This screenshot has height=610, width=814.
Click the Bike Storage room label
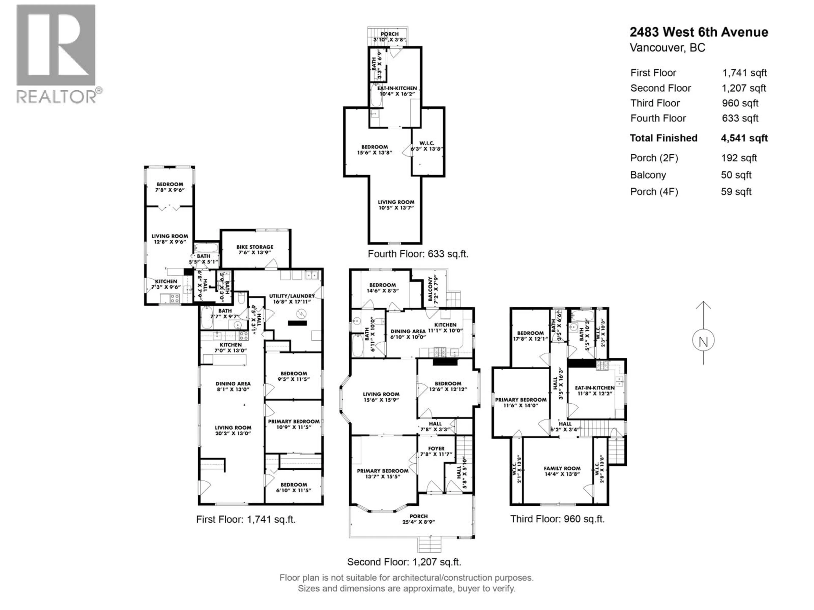(x=255, y=247)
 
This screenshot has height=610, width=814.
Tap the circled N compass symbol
(x=703, y=342)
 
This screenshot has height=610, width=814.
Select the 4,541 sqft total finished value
(x=744, y=138)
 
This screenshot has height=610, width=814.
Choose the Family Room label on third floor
(x=562, y=469)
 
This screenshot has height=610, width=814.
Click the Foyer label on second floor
(x=436, y=449)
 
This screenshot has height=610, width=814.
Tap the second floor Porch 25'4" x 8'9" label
(x=418, y=516)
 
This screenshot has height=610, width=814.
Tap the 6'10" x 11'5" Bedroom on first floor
(x=293, y=485)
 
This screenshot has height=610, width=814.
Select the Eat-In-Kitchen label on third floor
(x=595, y=388)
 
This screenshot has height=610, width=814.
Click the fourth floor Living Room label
(x=396, y=202)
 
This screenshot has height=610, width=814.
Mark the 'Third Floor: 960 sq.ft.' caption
(x=557, y=519)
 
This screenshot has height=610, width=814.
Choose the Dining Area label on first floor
(x=233, y=384)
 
